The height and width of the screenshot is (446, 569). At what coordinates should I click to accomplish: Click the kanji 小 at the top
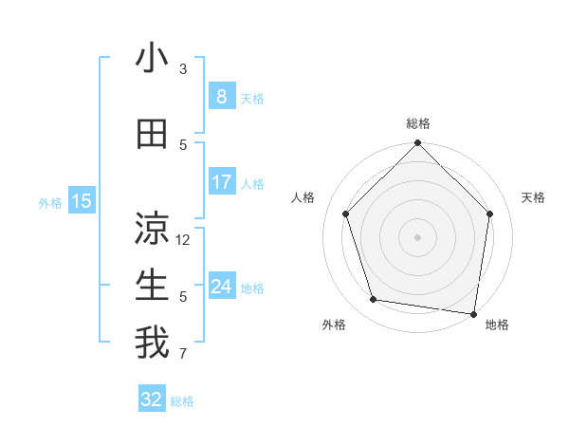pos(152,59)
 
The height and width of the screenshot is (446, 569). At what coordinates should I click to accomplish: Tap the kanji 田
pos(152,135)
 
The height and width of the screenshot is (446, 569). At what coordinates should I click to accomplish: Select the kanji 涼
pos(152,229)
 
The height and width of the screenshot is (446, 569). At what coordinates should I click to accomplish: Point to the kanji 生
pos(152,286)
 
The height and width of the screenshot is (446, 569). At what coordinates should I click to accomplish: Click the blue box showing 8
pos(221,96)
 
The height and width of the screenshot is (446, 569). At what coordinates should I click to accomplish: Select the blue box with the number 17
pos(221,182)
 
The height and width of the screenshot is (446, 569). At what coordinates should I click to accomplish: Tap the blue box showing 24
pos(221,286)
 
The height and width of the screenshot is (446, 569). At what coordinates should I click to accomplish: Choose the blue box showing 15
pos(82,200)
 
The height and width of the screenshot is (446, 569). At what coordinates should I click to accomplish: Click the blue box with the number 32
pos(152,400)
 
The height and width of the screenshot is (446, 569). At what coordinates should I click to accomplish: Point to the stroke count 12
pos(184,240)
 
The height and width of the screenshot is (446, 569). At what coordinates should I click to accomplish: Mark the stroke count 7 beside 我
pos(183,355)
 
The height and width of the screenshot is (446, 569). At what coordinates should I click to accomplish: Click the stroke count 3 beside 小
pos(183,69)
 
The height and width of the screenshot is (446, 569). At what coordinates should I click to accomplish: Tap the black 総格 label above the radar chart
pos(417,123)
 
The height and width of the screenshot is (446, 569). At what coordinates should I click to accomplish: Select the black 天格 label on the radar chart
pos(533,197)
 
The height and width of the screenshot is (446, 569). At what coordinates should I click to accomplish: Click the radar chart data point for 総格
pos(417,144)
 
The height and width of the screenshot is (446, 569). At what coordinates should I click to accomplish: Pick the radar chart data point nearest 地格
pos(474,313)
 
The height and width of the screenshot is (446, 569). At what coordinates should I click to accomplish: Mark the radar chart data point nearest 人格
pos(345,214)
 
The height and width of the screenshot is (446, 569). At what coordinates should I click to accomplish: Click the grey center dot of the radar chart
pos(417,236)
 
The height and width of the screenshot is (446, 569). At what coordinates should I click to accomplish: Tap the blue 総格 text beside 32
pos(182,401)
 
